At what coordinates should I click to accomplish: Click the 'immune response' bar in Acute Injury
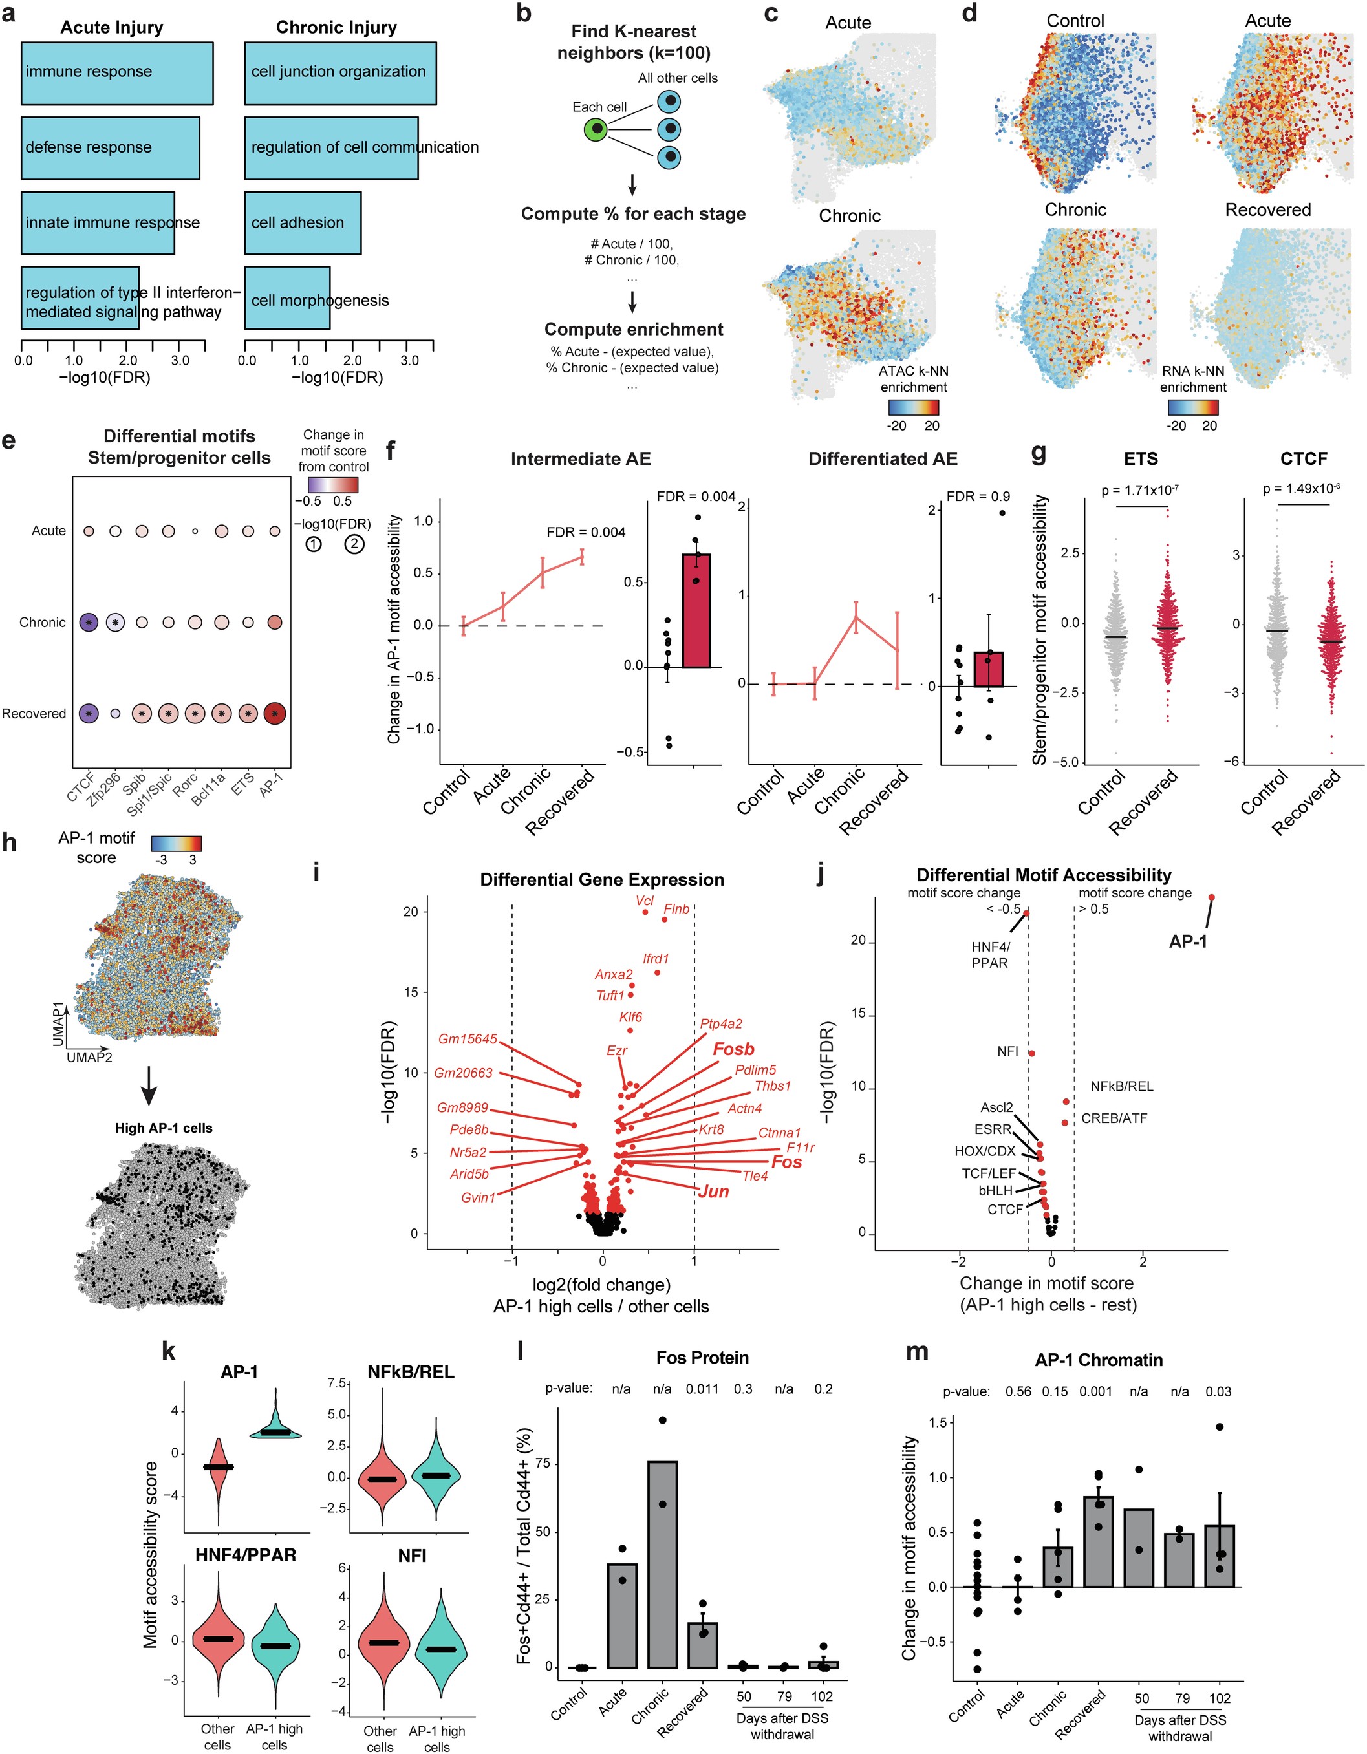tap(116, 73)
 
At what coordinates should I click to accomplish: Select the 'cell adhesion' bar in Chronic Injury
tap(302, 222)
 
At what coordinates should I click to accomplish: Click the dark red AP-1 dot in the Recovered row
tap(275, 713)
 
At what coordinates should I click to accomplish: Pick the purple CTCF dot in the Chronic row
tap(89, 623)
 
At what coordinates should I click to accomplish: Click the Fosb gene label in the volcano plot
tap(733, 1049)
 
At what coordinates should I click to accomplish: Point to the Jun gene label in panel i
tap(713, 1191)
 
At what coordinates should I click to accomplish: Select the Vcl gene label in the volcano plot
tap(644, 901)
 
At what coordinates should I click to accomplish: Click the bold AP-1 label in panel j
tap(1187, 941)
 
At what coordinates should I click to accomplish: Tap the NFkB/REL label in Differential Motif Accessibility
tap(1121, 1087)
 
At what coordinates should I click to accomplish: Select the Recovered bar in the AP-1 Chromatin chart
tap(1098, 1541)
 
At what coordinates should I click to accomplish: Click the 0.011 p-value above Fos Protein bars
tap(702, 1389)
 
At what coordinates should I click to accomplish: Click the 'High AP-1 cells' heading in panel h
tap(164, 1128)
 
